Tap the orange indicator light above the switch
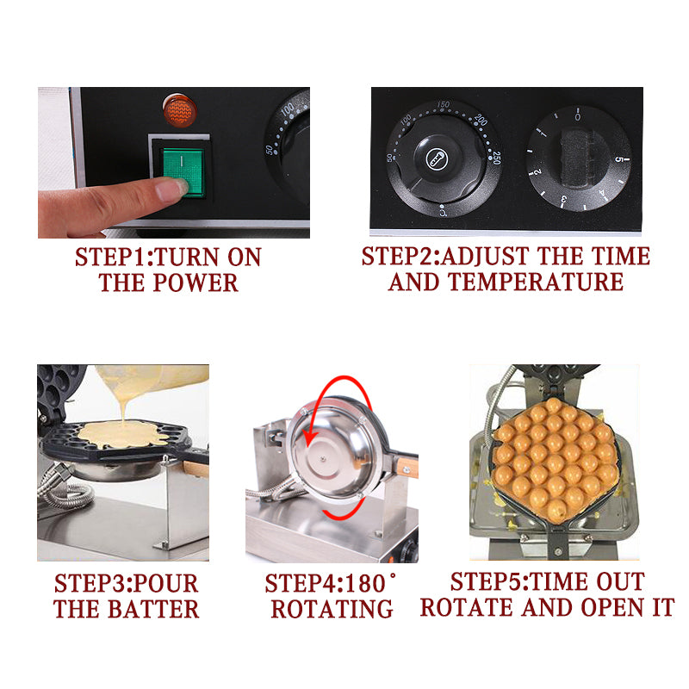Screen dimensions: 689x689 (179, 111)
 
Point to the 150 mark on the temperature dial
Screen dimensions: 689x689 (444, 105)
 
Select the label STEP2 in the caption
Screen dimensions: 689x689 (399, 256)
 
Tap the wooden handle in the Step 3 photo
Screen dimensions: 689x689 (196, 468)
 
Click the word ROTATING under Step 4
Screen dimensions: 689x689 (332, 609)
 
